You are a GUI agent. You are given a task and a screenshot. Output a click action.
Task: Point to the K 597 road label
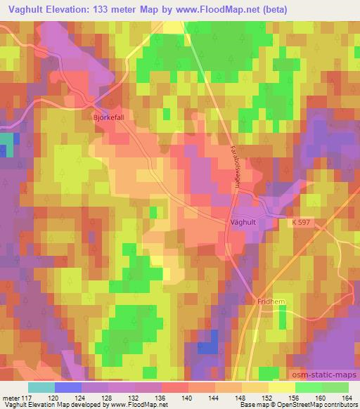point(302,222)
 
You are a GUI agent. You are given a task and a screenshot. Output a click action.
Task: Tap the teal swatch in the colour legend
point(41,387)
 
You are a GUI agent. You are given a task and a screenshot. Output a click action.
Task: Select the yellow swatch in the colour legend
point(281,387)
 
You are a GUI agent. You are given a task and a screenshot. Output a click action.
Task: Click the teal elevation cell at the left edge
point(6,145)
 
